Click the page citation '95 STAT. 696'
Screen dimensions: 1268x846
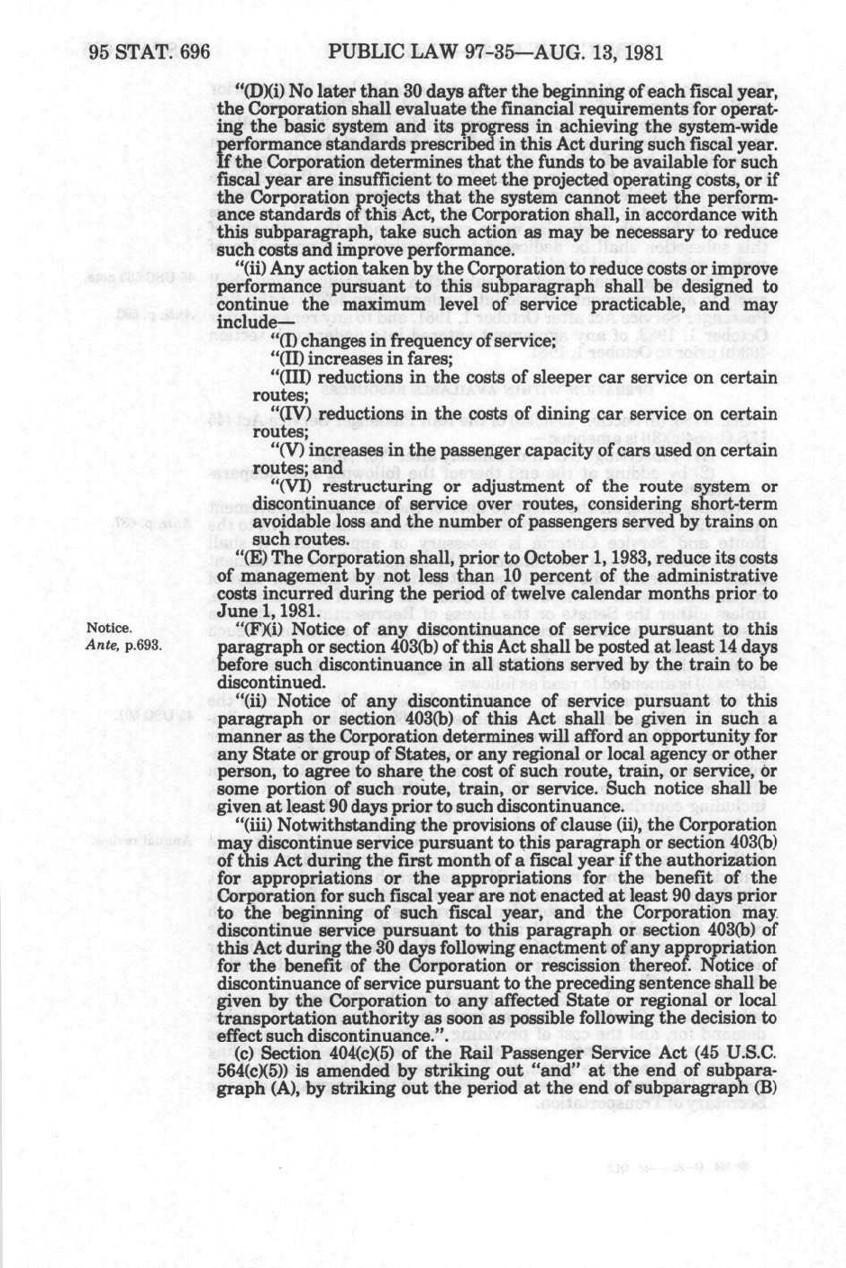150,51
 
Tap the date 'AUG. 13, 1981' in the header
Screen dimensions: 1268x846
604,51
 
